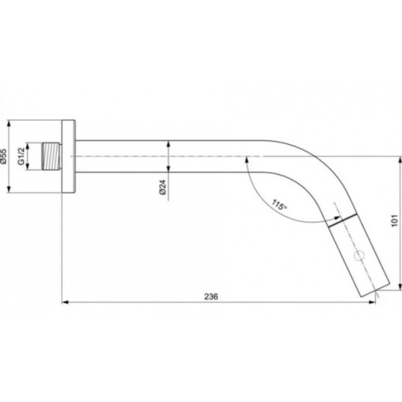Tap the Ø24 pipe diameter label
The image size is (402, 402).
[163, 188]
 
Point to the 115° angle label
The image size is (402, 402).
[279, 204]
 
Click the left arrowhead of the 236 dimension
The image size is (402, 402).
[65, 302]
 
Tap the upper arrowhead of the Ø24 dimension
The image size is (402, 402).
[167, 144]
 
